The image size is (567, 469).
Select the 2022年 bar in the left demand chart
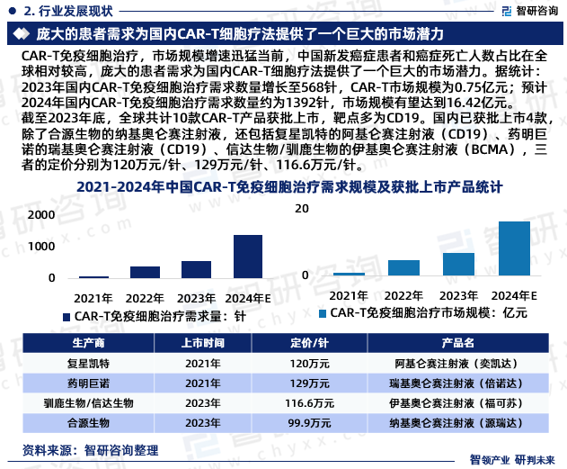coord(145,272)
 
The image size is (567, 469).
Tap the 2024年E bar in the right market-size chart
coord(514,248)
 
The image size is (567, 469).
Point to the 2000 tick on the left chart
coord(41,215)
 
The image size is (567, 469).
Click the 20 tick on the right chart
coord(304,208)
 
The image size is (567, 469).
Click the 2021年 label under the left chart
coord(93,298)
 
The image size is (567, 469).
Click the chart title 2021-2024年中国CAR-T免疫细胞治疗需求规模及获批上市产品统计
coord(283,186)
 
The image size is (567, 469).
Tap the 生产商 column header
coord(88,344)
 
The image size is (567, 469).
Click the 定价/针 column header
coord(309,344)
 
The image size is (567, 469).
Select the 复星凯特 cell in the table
coord(88,364)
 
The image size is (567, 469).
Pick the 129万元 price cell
coord(309,383)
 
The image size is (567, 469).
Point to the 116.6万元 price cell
coord(309,401)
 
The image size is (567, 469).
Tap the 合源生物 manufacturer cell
coord(88,420)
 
